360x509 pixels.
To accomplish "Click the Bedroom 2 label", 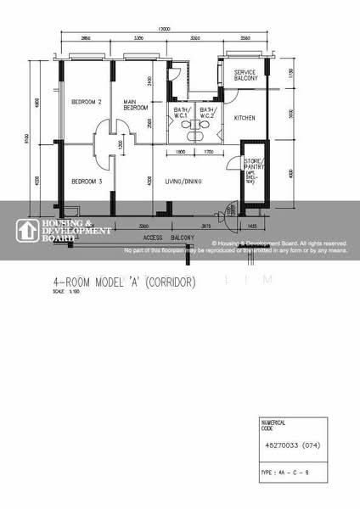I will (86, 103).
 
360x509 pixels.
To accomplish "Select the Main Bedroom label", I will (136, 105).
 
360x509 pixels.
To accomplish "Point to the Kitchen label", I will (245, 119).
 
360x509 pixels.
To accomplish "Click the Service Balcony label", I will (246, 76).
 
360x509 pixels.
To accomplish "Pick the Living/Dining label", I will (183, 181).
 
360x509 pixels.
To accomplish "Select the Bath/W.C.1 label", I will (183, 113).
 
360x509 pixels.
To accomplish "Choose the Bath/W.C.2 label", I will (208, 113).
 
